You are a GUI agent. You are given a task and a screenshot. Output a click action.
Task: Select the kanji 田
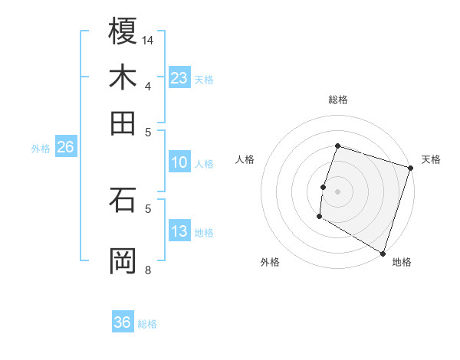pyautogui.click(x=123, y=123)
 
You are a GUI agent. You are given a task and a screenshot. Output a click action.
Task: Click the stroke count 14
pyautogui.click(x=149, y=40)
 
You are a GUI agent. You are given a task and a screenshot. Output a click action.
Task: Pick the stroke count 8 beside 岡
pyautogui.click(x=148, y=270)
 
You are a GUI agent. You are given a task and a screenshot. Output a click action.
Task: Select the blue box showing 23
pyautogui.click(x=179, y=77)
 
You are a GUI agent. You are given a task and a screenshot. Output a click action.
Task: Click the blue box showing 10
pyautogui.click(x=179, y=162)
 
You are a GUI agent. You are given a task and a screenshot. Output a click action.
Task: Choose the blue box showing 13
pyautogui.click(x=179, y=231)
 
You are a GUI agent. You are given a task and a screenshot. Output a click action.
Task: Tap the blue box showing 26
pyautogui.click(x=66, y=147)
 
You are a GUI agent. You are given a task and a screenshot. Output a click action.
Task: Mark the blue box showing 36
pyautogui.click(x=123, y=322)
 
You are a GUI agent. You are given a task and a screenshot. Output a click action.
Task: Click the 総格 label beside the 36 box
pyautogui.click(x=148, y=324)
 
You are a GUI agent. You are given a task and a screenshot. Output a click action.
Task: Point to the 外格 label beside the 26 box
pyautogui.click(x=41, y=149)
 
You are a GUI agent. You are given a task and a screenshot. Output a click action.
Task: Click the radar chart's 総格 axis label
pyautogui.click(x=337, y=100)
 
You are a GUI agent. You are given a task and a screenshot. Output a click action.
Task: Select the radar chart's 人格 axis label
pyautogui.click(x=245, y=159)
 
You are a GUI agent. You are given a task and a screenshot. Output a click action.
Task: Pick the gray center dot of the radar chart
pyautogui.click(x=337, y=191)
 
